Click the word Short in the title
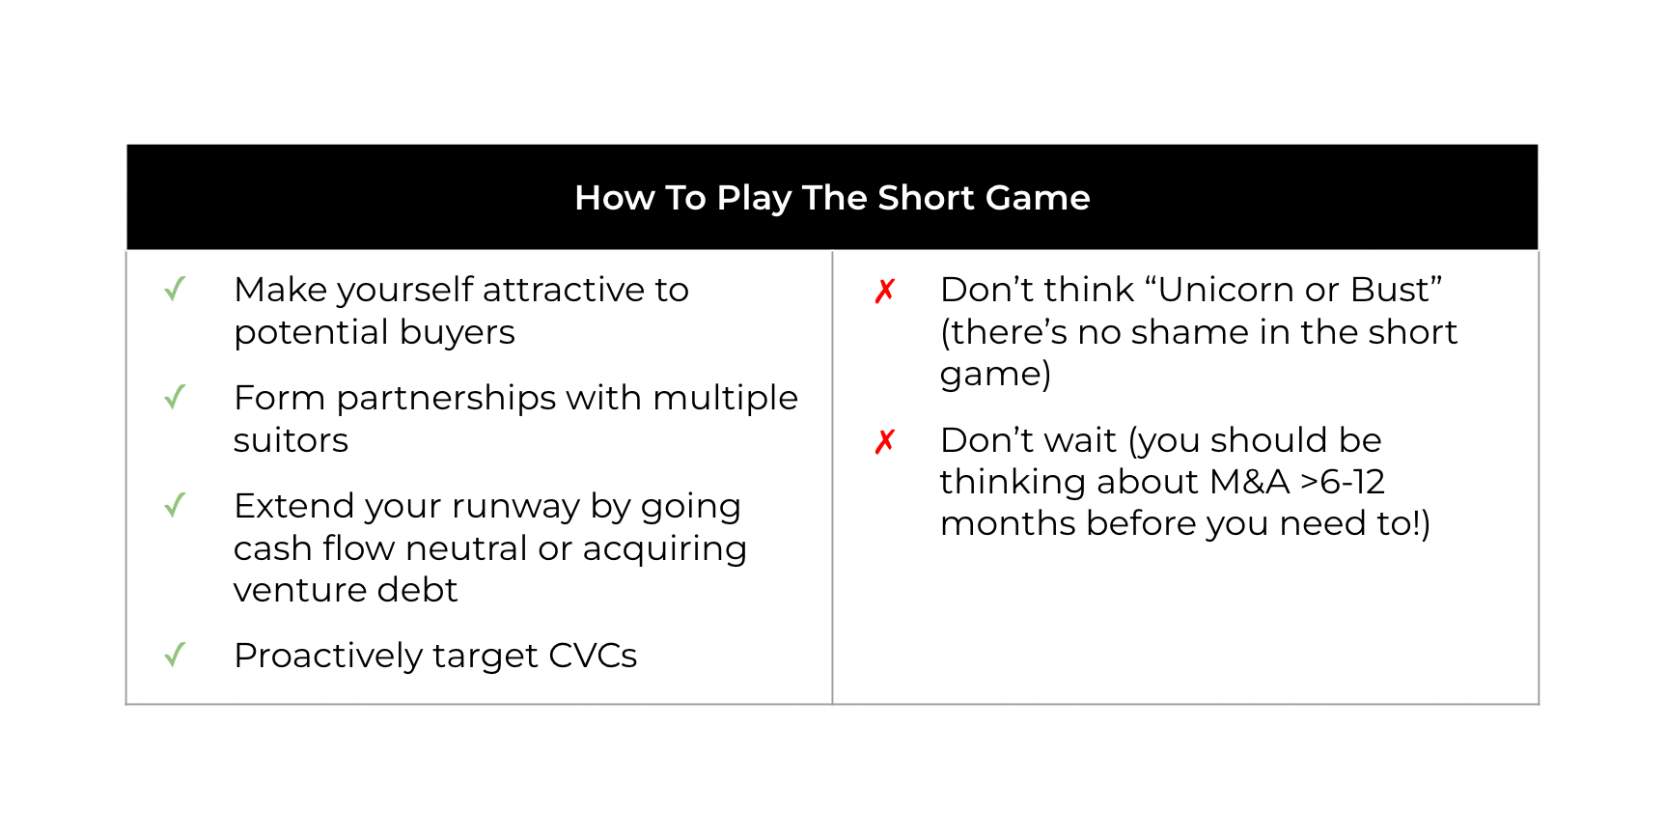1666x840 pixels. pos(927,198)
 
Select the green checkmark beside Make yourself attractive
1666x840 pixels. pos(175,289)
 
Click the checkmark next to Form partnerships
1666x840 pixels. pos(175,397)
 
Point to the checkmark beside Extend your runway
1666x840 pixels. pos(175,505)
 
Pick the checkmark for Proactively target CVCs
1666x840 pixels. pos(175,656)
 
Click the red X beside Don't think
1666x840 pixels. pos(885,291)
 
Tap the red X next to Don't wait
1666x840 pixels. pos(885,441)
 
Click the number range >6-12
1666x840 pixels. pos(1343,482)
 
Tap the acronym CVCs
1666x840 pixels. pos(593,656)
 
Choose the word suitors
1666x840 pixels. pos(291,440)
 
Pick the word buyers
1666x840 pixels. pos(457,332)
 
